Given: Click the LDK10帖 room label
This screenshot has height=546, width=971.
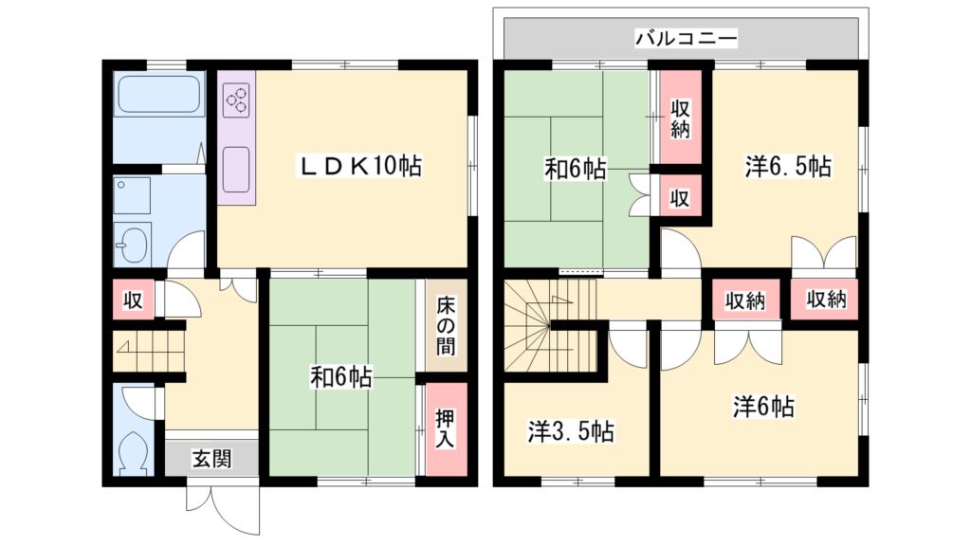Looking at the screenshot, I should pyautogui.click(x=360, y=166).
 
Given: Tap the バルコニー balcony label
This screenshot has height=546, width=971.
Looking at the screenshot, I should pyautogui.click(x=686, y=39).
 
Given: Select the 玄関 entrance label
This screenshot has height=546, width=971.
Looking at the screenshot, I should pyautogui.click(x=211, y=460).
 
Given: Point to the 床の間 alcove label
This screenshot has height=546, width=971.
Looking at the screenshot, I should pyautogui.click(x=446, y=325).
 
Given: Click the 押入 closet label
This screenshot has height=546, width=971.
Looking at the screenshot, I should pyautogui.click(x=446, y=428).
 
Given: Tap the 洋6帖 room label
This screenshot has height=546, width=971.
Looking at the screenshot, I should pyautogui.click(x=762, y=408).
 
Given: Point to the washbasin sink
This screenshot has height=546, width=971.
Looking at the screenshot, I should pyautogui.click(x=132, y=246).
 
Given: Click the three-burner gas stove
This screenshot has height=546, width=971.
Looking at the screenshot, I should pyautogui.click(x=237, y=98).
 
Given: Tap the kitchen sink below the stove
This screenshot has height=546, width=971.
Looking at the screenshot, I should pyautogui.click(x=237, y=169).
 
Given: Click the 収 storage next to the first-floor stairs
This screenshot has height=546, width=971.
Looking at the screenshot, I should pyautogui.click(x=133, y=300).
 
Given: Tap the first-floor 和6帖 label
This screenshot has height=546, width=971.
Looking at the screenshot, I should pyautogui.click(x=340, y=377).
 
